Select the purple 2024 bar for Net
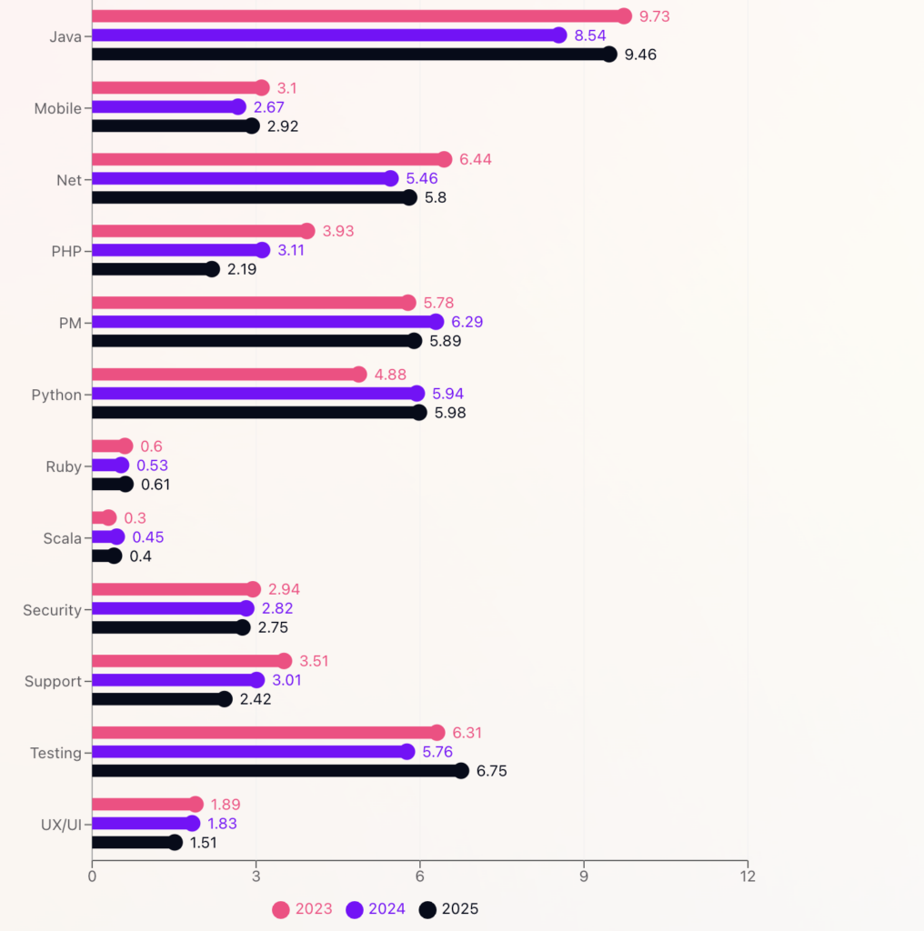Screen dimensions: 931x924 coord(241,178)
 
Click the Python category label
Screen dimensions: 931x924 coord(56,395)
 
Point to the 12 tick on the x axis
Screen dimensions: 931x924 coord(748,876)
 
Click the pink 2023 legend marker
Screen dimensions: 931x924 coord(282,909)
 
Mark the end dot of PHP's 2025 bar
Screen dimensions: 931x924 coord(212,269)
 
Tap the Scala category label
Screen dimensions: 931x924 coord(63,538)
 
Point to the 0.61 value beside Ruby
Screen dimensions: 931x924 coord(156,485)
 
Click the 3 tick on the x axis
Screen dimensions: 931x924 coord(256,876)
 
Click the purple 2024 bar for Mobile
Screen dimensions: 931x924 coord(165,107)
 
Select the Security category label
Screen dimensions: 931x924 coord(52,610)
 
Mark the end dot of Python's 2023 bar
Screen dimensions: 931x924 coord(359,375)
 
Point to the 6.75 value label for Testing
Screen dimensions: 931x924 coord(492,771)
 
